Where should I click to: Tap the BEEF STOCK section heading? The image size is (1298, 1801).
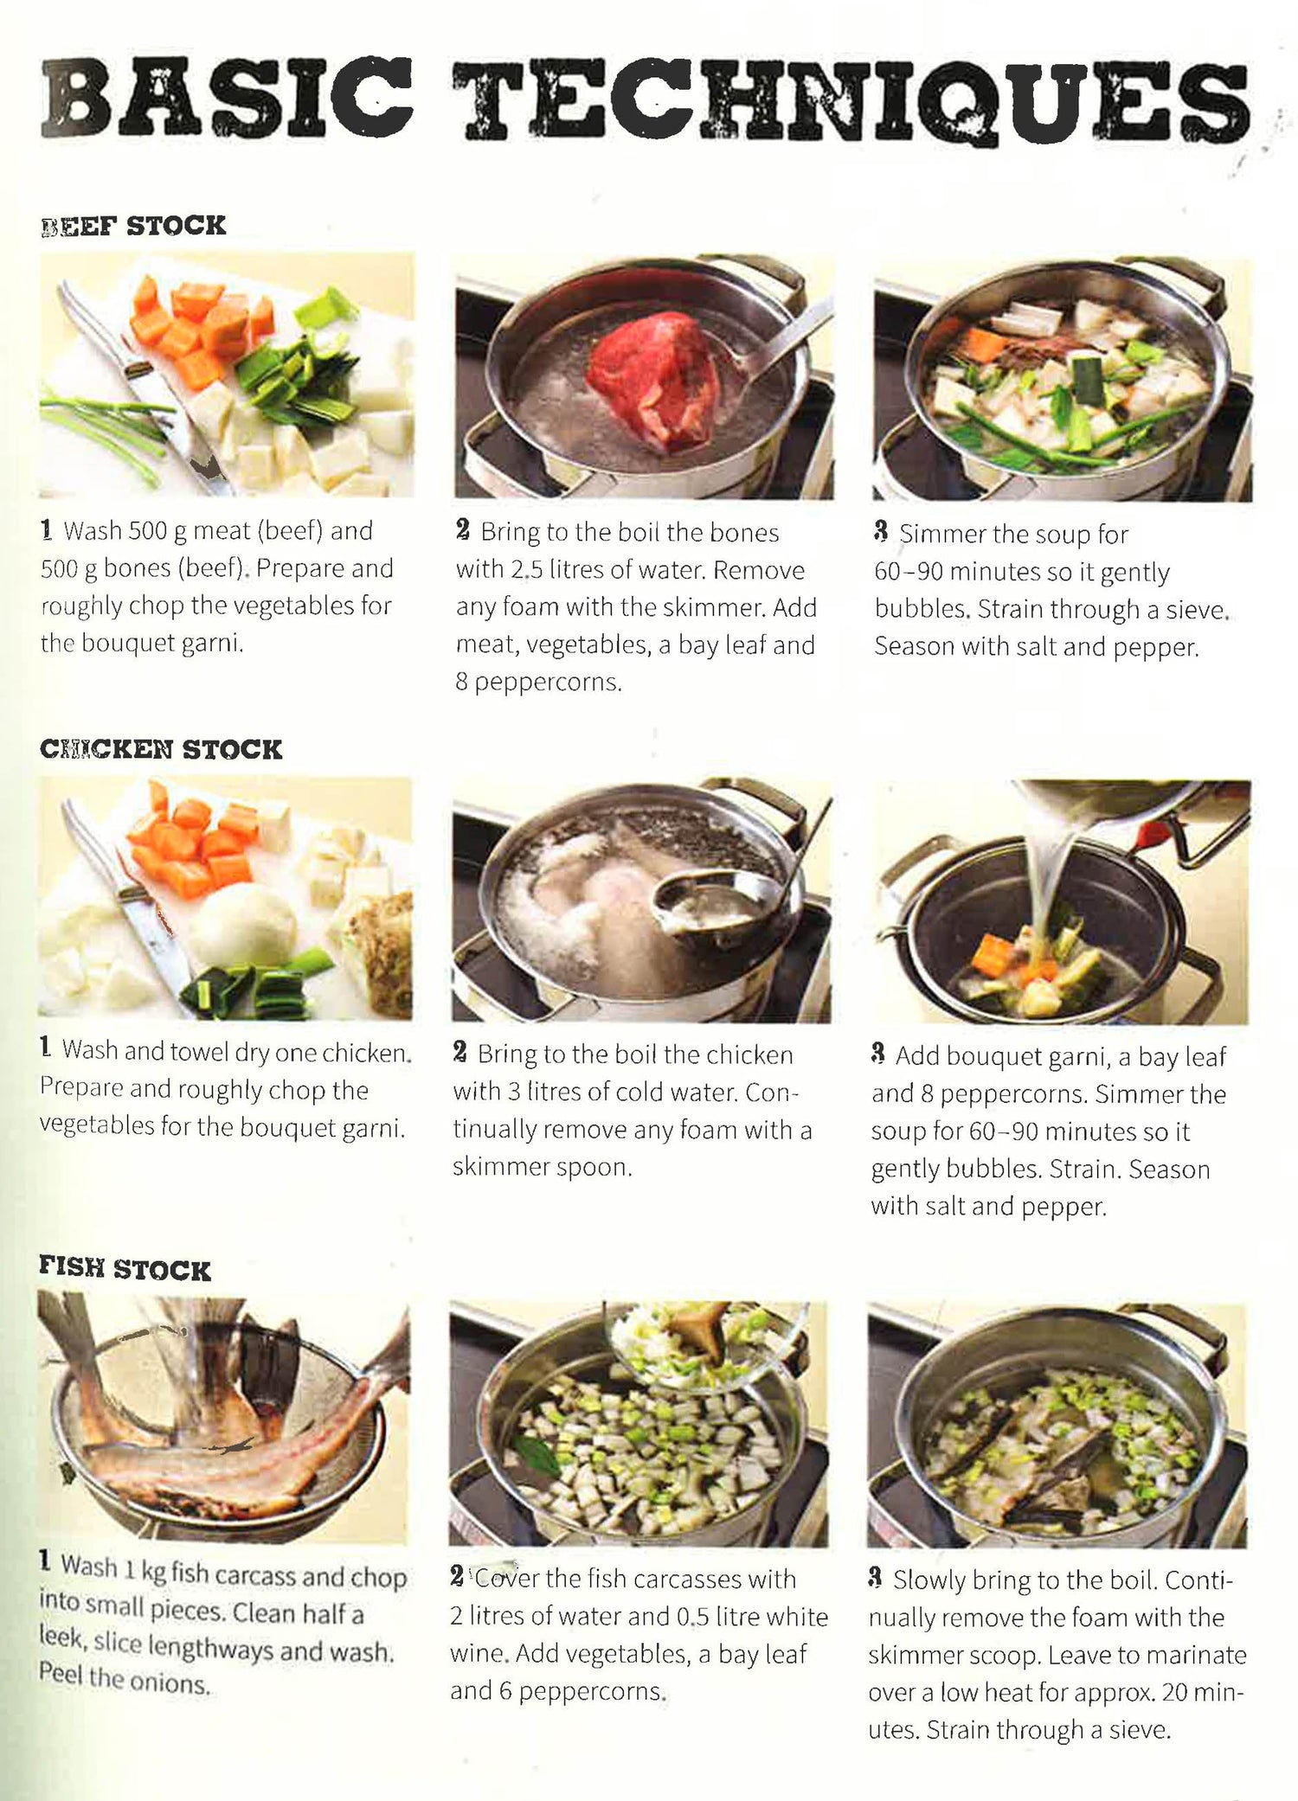(x=133, y=226)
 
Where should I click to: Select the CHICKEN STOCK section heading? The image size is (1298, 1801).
(x=161, y=749)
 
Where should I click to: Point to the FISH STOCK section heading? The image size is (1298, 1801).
(x=125, y=1269)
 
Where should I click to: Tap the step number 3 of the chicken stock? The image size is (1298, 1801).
(x=878, y=1054)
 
